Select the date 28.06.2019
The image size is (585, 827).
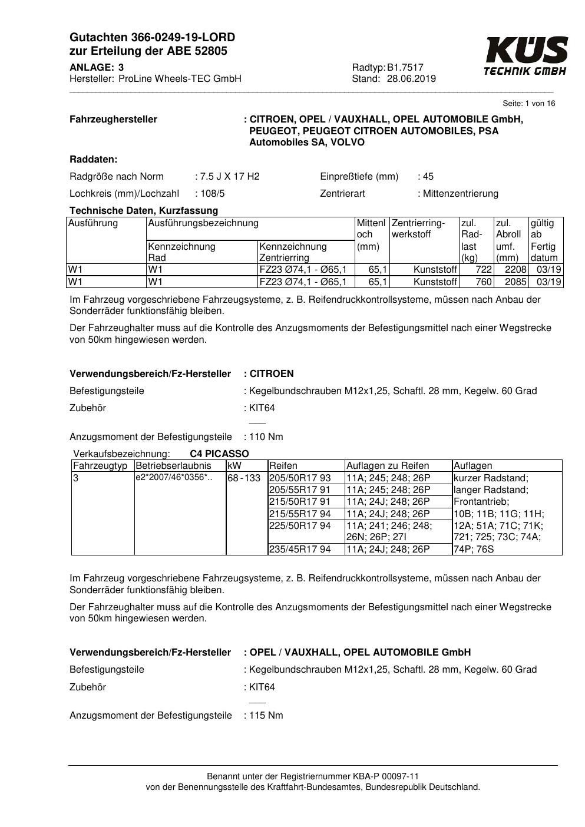(411, 78)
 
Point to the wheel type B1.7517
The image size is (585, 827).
(405, 67)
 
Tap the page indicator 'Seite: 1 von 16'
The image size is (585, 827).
(528, 104)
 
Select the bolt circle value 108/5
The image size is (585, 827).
(213, 193)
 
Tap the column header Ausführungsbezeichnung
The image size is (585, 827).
(203, 223)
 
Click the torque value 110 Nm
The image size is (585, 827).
(266, 437)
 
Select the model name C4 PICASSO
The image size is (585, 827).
(219, 454)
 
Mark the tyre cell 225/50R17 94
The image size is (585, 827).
(300, 525)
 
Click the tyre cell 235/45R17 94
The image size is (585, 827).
(300, 550)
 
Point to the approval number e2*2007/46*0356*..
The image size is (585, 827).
(173, 478)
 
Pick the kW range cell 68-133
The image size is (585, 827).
(244, 478)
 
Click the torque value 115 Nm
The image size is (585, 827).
(266, 716)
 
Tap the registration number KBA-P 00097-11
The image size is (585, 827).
(386, 776)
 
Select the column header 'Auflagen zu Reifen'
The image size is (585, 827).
(388, 466)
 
